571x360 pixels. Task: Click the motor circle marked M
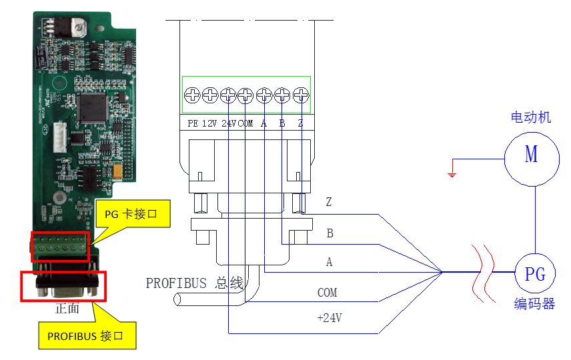click(531, 156)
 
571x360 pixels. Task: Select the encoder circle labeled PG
click(535, 274)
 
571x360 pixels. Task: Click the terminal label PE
click(193, 123)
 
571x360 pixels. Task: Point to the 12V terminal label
click(210, 123)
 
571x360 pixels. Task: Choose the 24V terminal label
click(229, 123)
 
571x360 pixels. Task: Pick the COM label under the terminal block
click(246, 123)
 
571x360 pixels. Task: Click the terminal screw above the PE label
click(192, 95)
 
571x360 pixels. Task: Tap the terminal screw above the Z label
click(301, 95)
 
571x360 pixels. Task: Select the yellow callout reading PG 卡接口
click(131, 215)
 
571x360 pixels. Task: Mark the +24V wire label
click(329, 318)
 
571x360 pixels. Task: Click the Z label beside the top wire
click(328, 201)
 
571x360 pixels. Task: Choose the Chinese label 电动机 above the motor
click(531, 117)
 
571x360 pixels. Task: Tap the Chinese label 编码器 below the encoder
click(534, 304)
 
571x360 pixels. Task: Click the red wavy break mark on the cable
click(484, 271)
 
